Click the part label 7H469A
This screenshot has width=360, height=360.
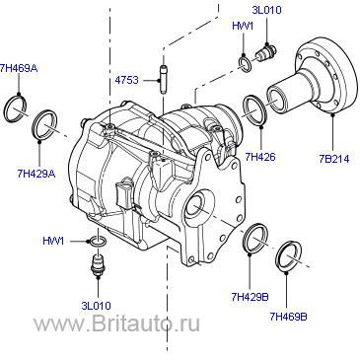tap(19, 68)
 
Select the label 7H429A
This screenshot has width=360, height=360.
tap(36, 174)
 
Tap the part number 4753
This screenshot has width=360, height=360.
tap(127, 80)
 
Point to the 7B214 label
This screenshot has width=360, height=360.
tap(334, 159)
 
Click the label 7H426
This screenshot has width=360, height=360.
tap(260, 157)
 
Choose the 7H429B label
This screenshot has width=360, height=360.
tap(250, 297)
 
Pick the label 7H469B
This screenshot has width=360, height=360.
tap(288, 317)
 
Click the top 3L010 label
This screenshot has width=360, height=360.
tap(266, 10)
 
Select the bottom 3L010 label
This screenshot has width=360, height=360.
tap(96, 306)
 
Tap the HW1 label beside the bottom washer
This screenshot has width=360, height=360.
tap(53, 241)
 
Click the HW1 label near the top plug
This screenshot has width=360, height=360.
tap(243, 26)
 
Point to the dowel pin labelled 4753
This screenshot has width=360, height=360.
tap(164, 80)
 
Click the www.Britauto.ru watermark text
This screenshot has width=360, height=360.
tap(117, 324)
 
